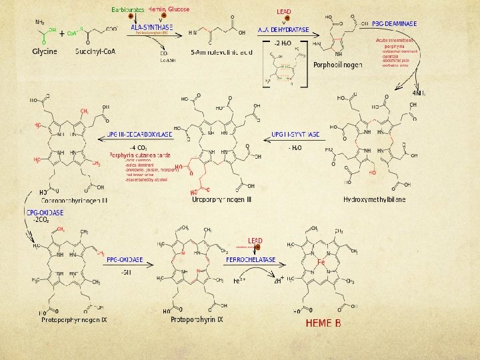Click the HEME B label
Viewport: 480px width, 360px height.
click(323, 323)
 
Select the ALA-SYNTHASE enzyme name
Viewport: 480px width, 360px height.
click(152, 27)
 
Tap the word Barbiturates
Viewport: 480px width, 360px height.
click(127, 10)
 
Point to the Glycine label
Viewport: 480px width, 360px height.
click(45, 51)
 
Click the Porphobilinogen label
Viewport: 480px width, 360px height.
click(338, 65)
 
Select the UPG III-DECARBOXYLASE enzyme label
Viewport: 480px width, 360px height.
click(140, 134)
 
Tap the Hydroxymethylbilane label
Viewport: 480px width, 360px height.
click(374, 199)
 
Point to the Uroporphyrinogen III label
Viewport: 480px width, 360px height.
click(222, 199)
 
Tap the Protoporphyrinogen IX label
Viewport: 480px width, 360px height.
click(74, 321)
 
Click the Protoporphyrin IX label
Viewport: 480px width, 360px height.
click(197, 321)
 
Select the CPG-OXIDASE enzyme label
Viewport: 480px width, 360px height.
click(45, 213)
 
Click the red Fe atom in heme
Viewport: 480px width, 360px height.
click(321, 262)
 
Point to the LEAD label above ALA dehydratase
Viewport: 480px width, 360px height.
click(284, 12)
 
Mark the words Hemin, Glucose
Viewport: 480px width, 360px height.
click(169, 9)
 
